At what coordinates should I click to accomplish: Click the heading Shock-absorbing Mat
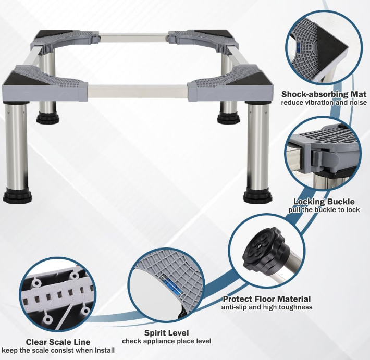click(x=324, y=94)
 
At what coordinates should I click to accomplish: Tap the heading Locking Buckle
click(x=324, y=202)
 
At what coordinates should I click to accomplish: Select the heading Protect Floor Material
click(x=267, y=299)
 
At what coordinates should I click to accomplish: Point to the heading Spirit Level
click(x=167, y=333)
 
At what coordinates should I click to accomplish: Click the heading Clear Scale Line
click(x=58, y=342)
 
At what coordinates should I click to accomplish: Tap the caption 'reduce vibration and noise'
click(x=324, y=103)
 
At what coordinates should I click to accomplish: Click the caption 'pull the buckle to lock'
click(x=324, y=210)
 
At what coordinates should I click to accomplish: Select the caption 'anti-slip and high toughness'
click(x=267, y=307)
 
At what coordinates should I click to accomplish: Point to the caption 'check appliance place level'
click(x=167, y=341)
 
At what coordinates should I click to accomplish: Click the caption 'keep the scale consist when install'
click(x=58, y=350)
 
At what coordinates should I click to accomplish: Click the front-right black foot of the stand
click(x=257, y=195)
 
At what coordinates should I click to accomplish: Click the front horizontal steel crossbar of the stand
click(x=138, y=91)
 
